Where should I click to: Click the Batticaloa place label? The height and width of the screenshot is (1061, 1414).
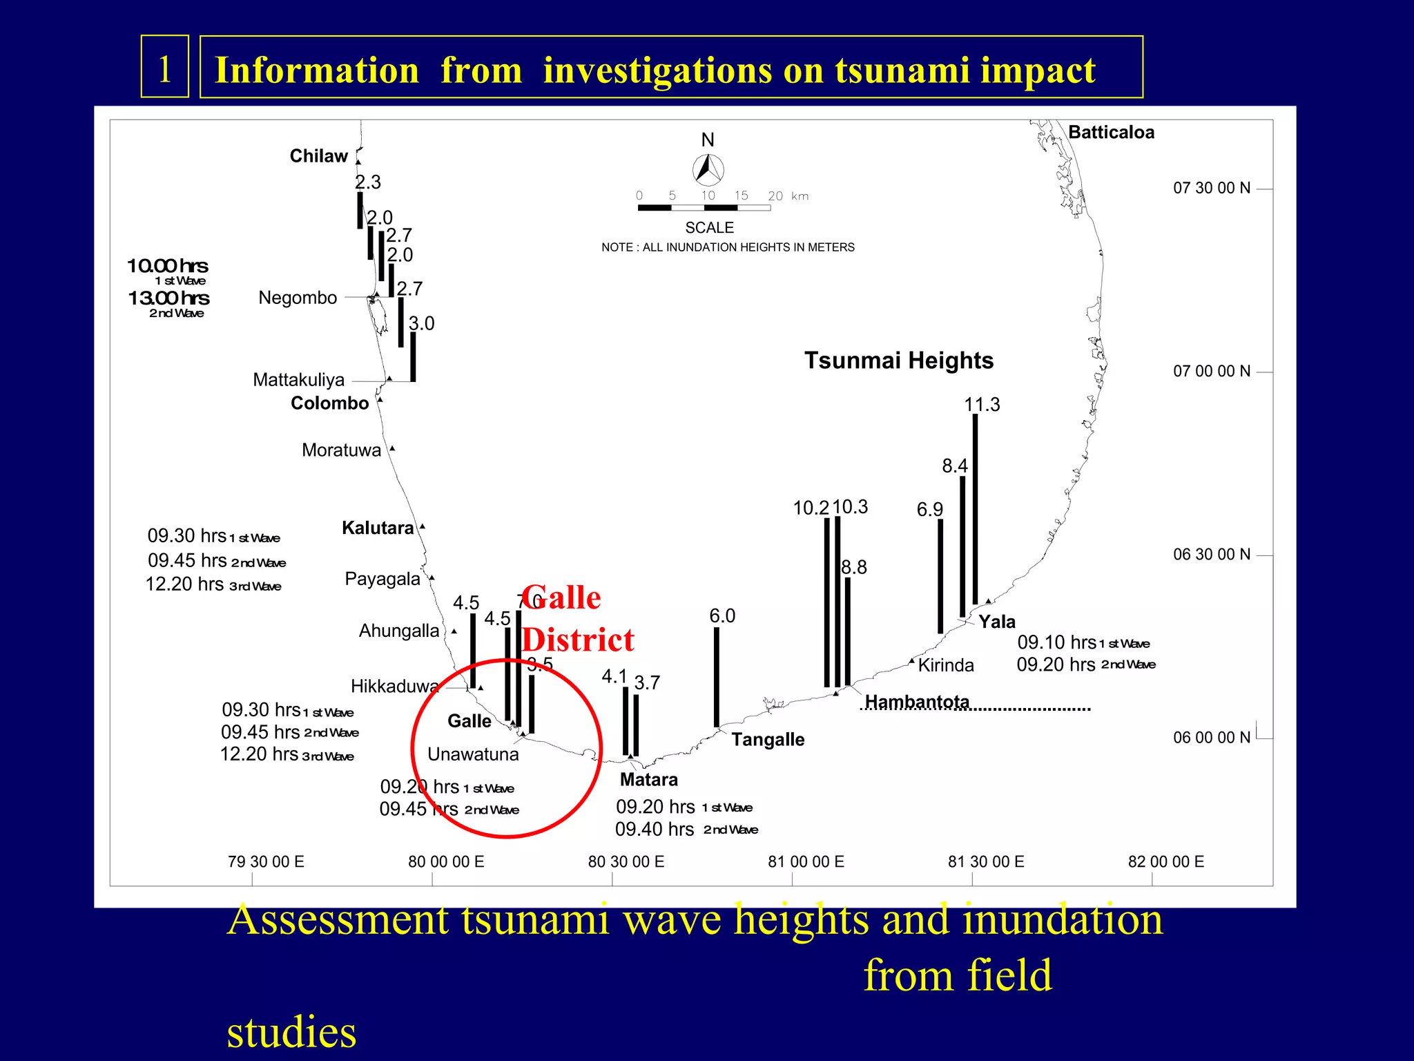1111,132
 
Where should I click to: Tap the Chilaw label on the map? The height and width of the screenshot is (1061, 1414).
318,156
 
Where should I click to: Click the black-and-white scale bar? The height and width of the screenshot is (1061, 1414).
704,207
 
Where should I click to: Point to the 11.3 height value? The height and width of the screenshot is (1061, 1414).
982,405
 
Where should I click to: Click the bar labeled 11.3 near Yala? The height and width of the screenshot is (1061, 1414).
975,509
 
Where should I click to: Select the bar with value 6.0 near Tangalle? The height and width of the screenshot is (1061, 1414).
717,677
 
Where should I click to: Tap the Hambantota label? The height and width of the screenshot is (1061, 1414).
917,702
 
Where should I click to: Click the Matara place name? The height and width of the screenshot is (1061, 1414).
648,780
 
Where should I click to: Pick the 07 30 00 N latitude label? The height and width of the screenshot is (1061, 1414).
1212,188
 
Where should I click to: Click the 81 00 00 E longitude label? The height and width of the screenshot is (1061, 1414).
806,862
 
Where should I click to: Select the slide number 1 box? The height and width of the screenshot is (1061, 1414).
165,67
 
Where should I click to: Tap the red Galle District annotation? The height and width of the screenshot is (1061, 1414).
577,619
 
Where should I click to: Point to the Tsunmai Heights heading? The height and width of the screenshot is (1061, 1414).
898,361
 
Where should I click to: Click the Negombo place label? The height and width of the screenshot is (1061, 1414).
298,298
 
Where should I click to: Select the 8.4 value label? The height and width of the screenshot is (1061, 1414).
955,466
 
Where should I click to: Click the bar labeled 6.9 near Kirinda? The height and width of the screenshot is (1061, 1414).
940,576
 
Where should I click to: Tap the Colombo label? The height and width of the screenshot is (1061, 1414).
329,403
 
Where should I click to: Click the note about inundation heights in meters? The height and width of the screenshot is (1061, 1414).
728,247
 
